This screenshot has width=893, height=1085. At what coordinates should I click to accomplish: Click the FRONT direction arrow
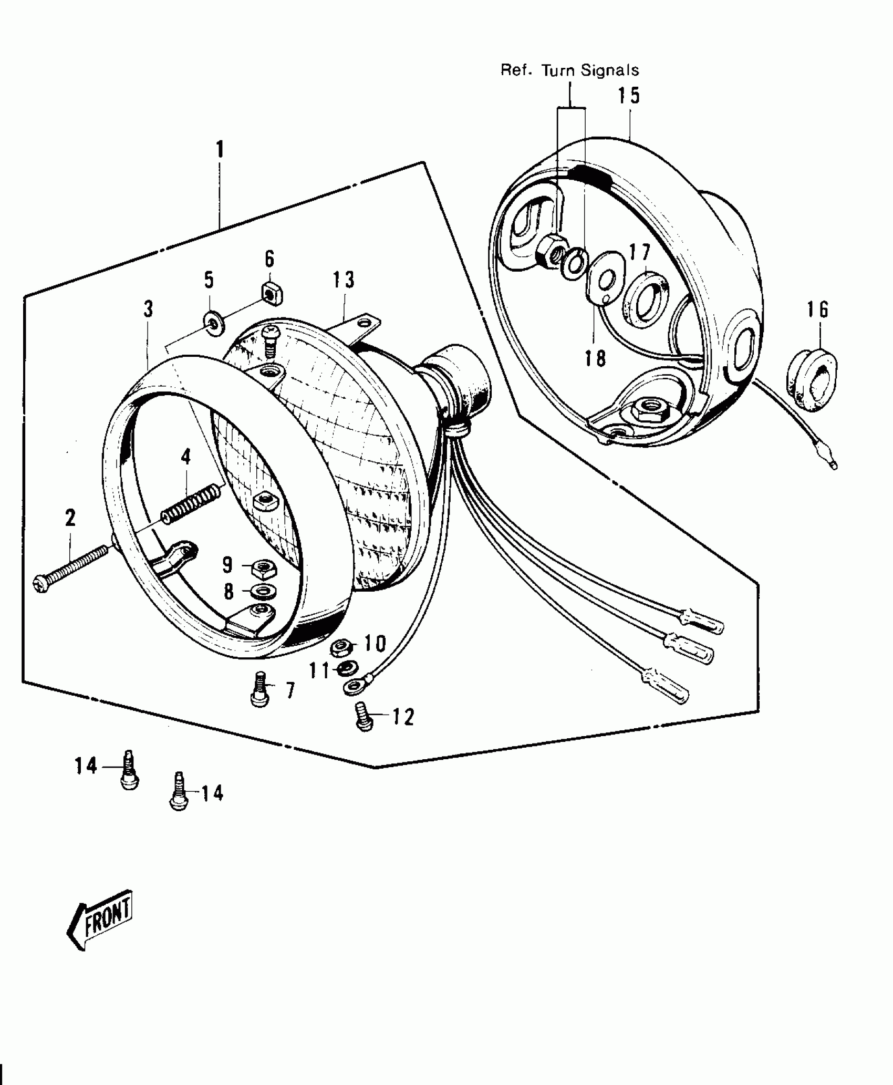pyautogui.click(x=100, y=919)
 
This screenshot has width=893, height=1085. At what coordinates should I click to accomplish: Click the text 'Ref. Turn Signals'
pyautogui.click(x=569, y=70)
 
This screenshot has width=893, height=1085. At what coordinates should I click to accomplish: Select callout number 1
pyautogui.click(x=220, y=150)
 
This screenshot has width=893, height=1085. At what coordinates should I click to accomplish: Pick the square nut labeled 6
pyautogui.click(x=272, y=295)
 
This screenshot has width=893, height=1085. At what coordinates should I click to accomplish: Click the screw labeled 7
pyautogui.click(x=259, y=689)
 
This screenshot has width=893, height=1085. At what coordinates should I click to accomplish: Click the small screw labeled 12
pyautogui.click(x=364, y=716)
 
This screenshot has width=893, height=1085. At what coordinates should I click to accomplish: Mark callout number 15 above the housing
pyautogui.click(x=628, y=96)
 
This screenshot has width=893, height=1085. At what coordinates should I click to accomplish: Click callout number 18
pyautogui.click(x=595, y=358)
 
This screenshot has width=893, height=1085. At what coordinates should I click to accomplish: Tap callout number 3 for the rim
pyautogui.click(x=149, y=309)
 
